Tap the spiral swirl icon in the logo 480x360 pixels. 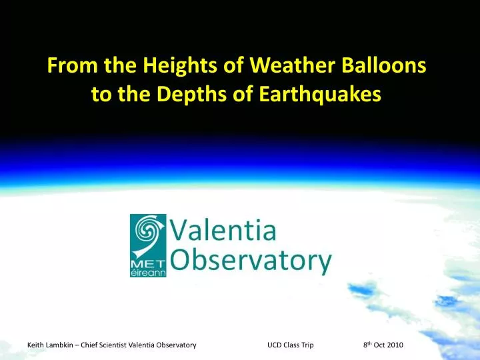click(x=148, y=233)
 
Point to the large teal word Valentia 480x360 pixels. click(x=223, y=231)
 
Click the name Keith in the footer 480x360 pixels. click(x=35, y=345)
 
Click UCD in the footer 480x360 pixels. click(x=275, y=345)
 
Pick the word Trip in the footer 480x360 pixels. click(x=307, y=345)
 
